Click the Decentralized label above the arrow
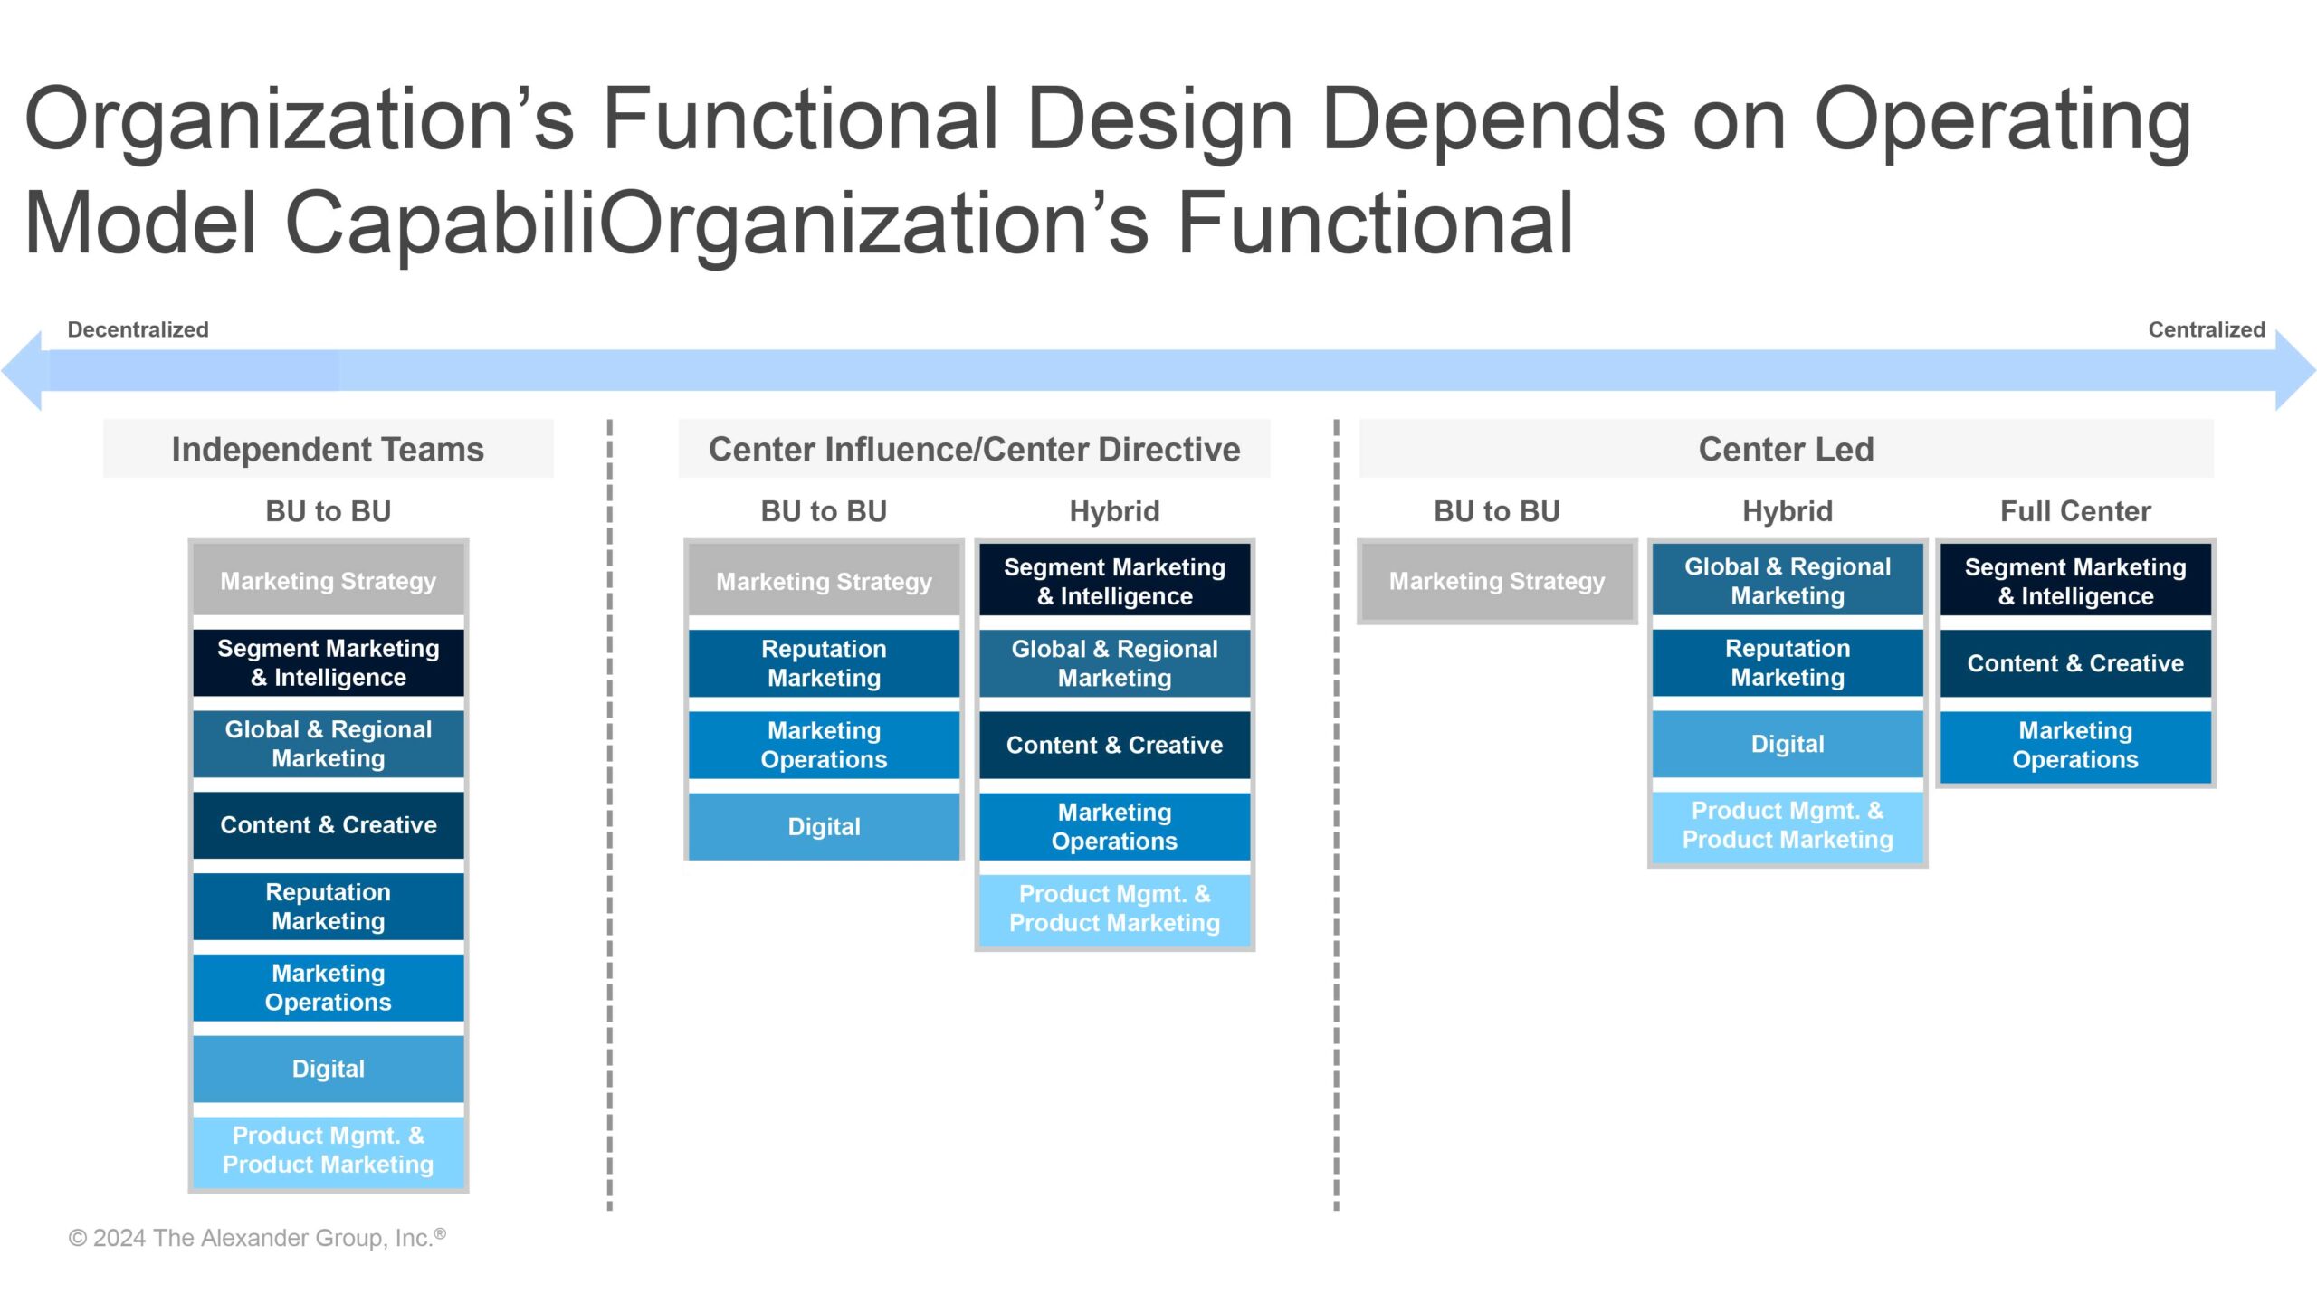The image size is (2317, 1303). (138, 329)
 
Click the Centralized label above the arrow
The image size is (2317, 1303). (2206, 329)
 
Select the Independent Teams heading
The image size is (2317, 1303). (328, 449)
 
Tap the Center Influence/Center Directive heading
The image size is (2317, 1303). (974, 449)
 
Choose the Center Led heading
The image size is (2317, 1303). (1786, 449)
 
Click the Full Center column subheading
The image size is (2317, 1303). (2074, 511)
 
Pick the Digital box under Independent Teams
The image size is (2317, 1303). (328, 1069)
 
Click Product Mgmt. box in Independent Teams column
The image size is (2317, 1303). (328, 1150)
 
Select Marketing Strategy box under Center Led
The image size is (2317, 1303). (1496, 581)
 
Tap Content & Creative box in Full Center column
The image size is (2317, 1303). (2074, 663)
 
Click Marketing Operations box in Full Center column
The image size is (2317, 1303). (2074, 745)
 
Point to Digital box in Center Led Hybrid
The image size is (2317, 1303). (1787, 744)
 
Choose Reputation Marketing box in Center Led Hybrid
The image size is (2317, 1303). (1787, 662)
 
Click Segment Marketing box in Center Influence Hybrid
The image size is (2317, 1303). (1114, 581)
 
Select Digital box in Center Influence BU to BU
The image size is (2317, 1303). (824, 826)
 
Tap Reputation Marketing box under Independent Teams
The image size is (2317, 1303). (328, 906)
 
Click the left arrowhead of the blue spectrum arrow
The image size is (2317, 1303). (24, 370)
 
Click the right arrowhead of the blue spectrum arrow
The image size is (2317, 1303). (2293, 370)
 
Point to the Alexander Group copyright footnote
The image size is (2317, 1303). (257, 1237)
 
